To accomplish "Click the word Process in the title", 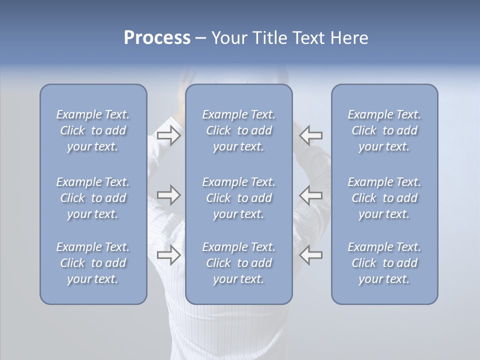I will (157, 38).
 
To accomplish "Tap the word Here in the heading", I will (349, 38).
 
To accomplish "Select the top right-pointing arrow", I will (168, 135).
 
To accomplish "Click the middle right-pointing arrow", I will (168, 195).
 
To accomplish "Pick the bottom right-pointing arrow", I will (168, 255).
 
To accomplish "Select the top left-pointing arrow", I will (311, 135).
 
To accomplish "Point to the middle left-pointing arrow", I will (311, 195).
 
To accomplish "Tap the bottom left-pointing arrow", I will (311, 255).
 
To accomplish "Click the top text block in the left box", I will (93, 130).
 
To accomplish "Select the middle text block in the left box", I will (93, 198).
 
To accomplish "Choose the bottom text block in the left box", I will (93, 263).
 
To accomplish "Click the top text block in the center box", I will (238, 130).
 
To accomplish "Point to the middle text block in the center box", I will (238, 198).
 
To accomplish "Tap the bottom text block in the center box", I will (238, 263).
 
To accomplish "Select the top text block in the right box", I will (384, 130).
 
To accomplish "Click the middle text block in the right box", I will (384, 198).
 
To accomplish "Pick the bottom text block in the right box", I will (384, 263).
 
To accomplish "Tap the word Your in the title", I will (227, 38).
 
